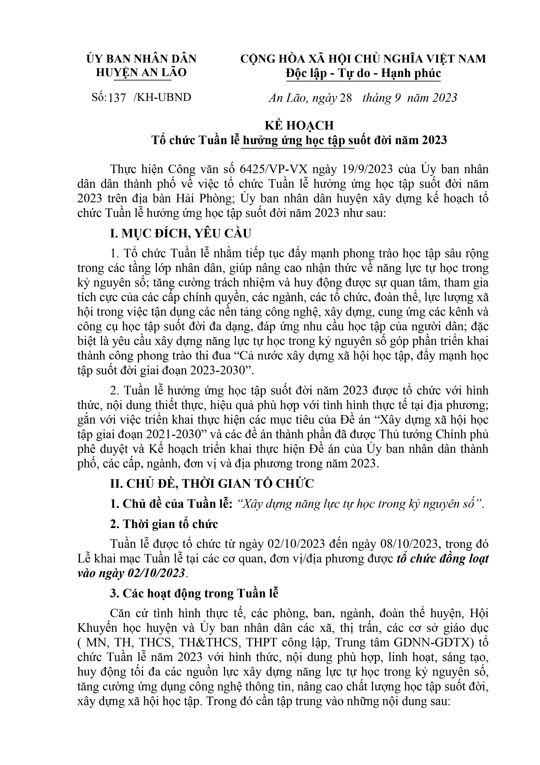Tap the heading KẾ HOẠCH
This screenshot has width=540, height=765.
click(x=299, y=125)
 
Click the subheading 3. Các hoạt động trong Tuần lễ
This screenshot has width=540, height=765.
click(x=194, y=593)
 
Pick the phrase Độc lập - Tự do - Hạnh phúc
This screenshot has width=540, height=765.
click(x=363, y=73)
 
